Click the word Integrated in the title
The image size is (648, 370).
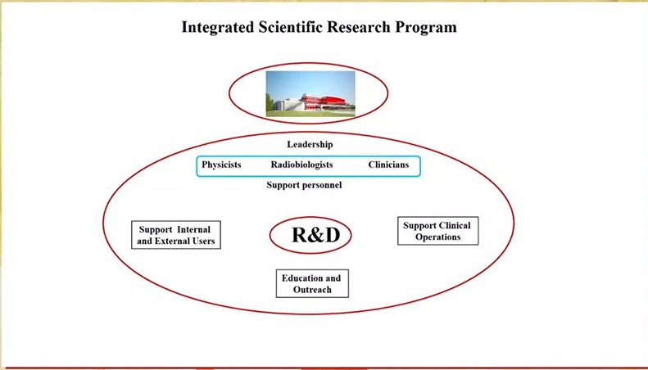click(217, 28)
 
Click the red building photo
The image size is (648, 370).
click(310, 94)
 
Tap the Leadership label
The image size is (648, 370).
click(310, 145)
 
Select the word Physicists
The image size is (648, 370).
click(221, 165)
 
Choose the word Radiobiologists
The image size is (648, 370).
click(301, 165)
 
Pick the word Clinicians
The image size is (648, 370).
click(388, 165)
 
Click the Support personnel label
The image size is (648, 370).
click(304, 185)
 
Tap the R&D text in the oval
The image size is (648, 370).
click(315, 235)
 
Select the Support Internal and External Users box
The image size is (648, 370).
click(176, 235)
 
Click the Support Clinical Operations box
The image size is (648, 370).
click(438, 231)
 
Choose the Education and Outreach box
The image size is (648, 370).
click(312, 284)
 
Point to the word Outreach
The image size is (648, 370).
click(312, 290)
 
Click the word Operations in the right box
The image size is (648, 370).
click(438, 237)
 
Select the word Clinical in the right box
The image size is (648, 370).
click(454, 225)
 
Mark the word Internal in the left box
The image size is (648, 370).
click(193, 229)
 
